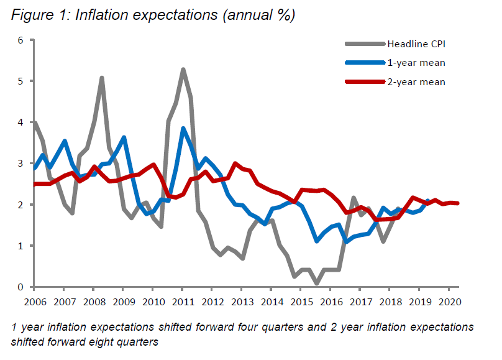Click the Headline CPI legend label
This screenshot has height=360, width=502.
tap(416, 44)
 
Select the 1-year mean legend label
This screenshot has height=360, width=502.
tap(415, 62)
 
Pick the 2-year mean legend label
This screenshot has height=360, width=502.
tap(415, 81)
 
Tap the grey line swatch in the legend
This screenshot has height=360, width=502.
tap(365, 44)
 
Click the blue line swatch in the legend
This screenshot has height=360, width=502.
tap(365, 62)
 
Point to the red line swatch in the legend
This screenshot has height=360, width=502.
tap(365, 81)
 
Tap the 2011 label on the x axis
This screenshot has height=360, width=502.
tap(182, 303)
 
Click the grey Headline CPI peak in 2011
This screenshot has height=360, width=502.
tap(183, 69)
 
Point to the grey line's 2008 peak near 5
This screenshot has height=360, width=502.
tap(101, 78)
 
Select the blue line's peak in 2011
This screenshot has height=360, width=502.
tap(183, 129)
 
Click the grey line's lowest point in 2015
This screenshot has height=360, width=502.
tap(316, 284)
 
